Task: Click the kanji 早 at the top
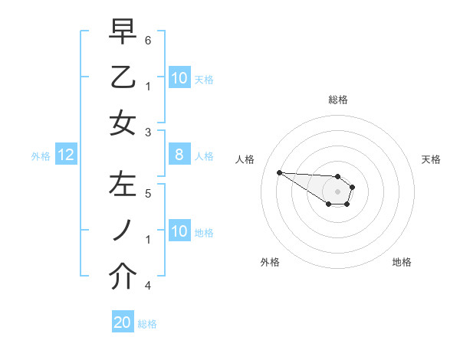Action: click(123, 31)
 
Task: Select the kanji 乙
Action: click(123, 77)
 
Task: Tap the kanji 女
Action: click(123, 123)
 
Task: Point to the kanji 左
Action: click(123, 185)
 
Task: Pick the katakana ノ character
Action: click(123, 231)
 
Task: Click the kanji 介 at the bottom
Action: click(123, 277)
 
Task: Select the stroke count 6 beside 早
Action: click(149, 39)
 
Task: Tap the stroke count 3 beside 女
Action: click(149, 132)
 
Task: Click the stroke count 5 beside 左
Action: click(149, 193)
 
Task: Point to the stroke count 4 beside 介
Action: click(149, 286)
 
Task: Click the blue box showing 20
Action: click(123, 322)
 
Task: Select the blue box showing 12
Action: click(66, 155)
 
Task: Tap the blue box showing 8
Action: click(179, 155)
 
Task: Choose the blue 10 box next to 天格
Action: click(179, 78)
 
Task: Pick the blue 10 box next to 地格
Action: click(179, 231)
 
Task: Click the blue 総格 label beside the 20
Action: click(147, 324)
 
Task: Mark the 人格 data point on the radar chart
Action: click(279, 172)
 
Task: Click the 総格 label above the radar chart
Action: click(337, 100)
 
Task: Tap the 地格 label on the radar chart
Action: click(402, 262)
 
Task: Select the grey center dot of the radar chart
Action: click(337, 191)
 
